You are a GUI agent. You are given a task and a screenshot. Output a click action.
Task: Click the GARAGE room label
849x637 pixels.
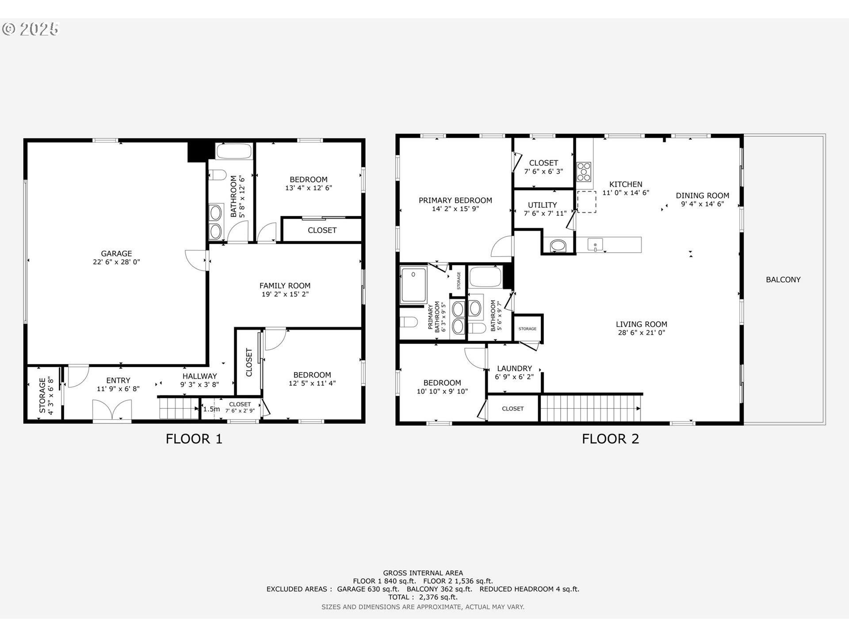[116, 253]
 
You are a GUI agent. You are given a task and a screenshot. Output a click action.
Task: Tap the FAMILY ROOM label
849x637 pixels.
[285, 286]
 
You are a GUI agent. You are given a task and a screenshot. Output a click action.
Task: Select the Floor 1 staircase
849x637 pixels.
[179, 408]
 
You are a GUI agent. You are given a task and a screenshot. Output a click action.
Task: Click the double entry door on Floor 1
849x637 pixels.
[112, 410]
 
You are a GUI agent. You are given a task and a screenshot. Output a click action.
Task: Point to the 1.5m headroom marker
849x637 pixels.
[211, 409]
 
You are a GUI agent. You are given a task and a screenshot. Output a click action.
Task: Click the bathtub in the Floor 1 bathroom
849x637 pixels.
[234, 151]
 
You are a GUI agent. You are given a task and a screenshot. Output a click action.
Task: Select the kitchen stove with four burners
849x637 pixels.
[584, 172]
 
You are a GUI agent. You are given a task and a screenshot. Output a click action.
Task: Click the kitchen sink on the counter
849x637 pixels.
[595, 245]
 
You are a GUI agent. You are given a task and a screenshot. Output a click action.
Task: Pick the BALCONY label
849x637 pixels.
[783, 280]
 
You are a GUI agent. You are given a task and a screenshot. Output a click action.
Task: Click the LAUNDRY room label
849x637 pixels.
[514, 368]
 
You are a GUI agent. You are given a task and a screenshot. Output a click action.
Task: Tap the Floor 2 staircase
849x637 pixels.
[591, 408]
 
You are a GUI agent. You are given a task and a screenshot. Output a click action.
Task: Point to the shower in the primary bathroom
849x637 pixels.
[413, 284]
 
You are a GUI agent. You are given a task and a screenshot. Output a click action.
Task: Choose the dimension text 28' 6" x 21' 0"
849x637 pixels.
[641, 333]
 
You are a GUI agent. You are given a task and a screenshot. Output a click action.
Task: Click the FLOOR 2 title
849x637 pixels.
[610, 439]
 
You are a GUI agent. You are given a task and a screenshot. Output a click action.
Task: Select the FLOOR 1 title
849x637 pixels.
[194, 439]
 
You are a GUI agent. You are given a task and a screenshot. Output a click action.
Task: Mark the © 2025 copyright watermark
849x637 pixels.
[30, 29]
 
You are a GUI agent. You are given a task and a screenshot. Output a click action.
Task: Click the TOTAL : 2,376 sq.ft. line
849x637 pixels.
[423, 597]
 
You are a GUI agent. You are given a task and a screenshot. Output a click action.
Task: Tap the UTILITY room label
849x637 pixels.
[542, 205]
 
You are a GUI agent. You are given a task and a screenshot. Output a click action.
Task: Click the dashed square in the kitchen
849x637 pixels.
[587, 202]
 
